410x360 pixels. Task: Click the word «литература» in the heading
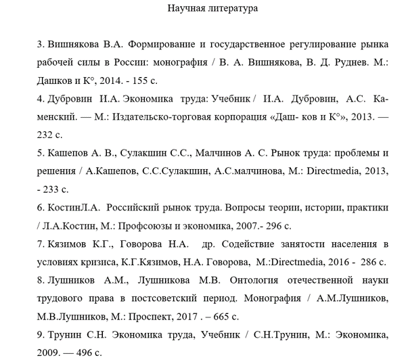click(x=234, y=9)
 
